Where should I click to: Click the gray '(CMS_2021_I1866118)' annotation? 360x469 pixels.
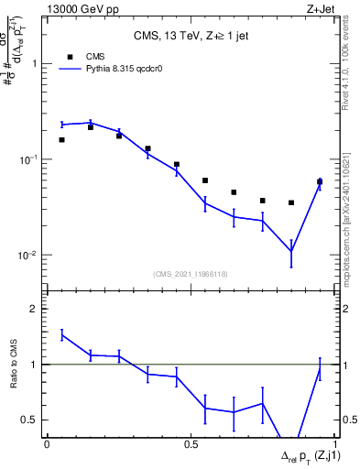190,274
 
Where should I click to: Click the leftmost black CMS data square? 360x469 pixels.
61,140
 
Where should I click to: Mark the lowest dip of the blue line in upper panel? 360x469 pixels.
291,251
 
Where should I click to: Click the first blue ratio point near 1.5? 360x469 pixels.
61,335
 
